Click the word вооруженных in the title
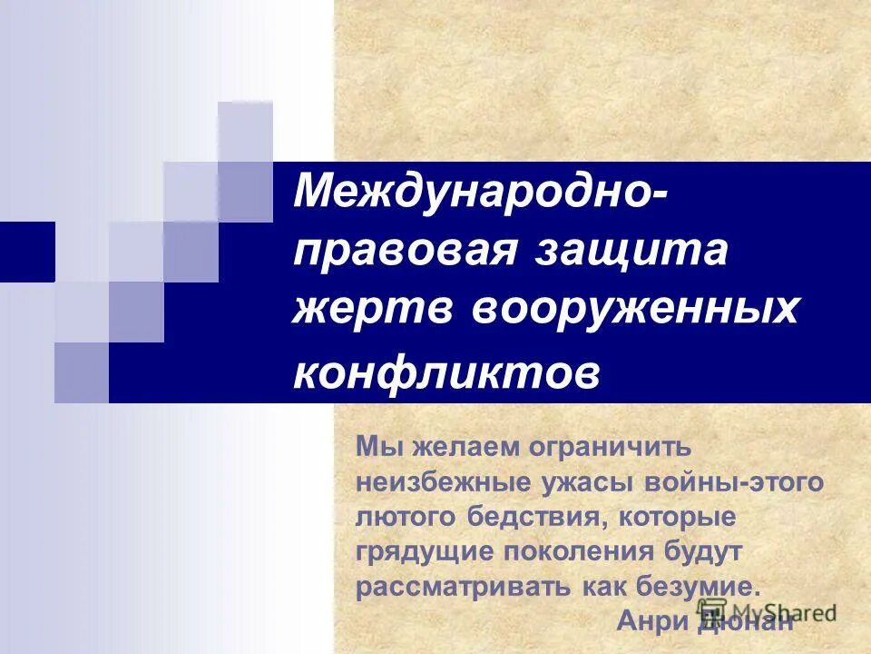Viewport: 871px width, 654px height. tap(635, 309)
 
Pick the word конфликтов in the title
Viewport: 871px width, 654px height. tap(446, 373)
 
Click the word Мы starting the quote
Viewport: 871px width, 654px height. tap(373, 447)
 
